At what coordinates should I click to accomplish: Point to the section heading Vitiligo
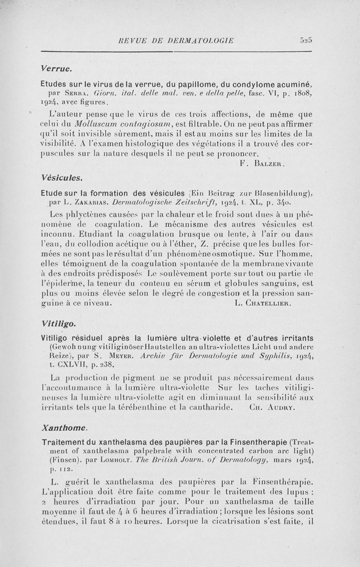coord(58,323)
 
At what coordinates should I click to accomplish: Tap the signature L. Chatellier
coord(263,304)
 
